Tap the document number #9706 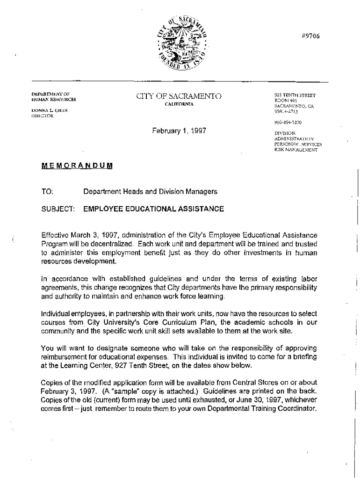[x=310, y=36]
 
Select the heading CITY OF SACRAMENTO [x=179, y=97]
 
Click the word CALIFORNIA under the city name [x=179, y=104]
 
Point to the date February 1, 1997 [x=179, y=131]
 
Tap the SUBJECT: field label [x=57, y=209]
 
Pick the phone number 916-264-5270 [x=288, y=123]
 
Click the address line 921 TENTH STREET [x=295, y=95]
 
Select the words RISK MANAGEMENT [x=296, y=150]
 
